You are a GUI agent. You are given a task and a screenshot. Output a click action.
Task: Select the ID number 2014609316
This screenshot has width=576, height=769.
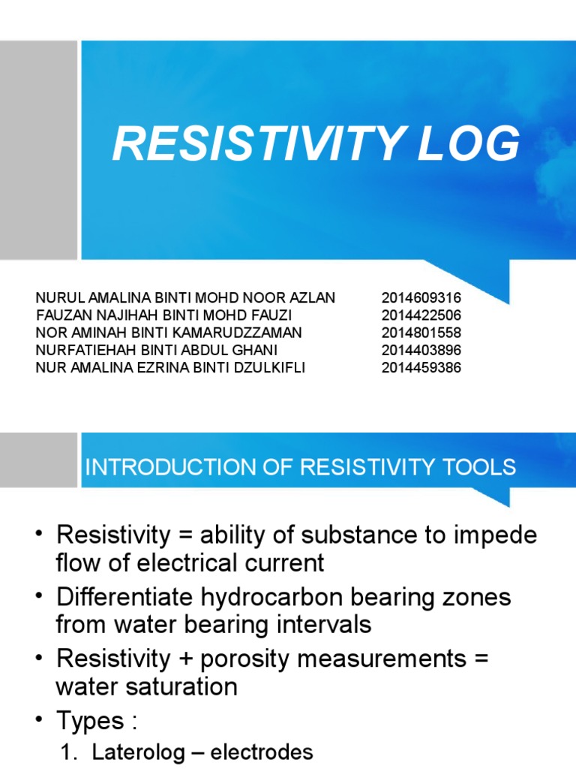tap(421, 298)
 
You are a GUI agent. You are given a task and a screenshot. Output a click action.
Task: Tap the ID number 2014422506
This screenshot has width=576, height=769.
tap(421, 315)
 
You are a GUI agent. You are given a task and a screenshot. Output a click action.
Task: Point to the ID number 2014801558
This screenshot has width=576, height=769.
tap(421, 333)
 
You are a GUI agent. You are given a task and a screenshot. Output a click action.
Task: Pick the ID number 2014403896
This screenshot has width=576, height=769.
tap(421, 350)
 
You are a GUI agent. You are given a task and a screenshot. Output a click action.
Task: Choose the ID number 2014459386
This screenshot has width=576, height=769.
tap(421, 368)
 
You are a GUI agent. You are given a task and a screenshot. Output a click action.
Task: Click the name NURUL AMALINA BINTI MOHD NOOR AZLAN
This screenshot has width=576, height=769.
tap(185, 298)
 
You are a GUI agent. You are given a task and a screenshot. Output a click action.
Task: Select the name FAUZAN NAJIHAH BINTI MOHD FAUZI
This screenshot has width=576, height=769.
tap(163, 315)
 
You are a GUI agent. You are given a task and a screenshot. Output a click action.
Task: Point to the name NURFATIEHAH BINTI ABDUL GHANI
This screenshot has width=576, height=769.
tap(157, 350)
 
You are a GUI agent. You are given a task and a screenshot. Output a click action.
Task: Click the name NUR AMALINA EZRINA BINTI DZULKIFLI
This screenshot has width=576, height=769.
tap(170, 368)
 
